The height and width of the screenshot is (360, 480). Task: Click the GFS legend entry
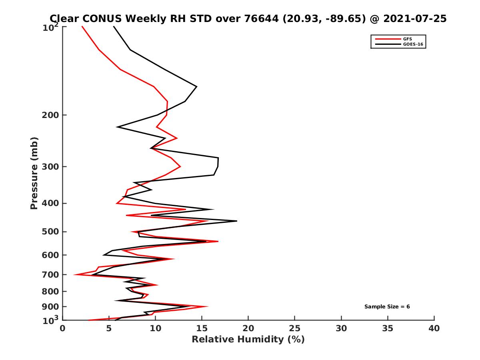pyautogui.click(x=408, y=39)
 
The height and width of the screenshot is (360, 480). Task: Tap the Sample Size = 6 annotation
pyautogui.click(x=387, y=307)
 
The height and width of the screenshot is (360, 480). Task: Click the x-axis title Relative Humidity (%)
pyautogui.click(x=248, y=340)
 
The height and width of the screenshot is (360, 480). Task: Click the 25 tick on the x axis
pyautogui.click(x=295, y=328)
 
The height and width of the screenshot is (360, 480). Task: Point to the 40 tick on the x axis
pyautogui.click(x=434, y=328)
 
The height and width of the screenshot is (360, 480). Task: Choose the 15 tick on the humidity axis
pyautogui.click(x=202, y=328)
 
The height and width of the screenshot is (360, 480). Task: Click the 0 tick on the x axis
pyautogui.click(x=63, y=328)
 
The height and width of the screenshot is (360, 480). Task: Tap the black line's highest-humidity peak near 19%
pyautogui.click(x=237, y=221)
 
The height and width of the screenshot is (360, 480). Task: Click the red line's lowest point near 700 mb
pyautogui.click(x=74, y=274)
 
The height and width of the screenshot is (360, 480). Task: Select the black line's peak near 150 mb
pyautogui.click(x=196, y=86)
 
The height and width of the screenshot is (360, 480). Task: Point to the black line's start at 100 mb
pyautogui.click(x=114, y=27)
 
